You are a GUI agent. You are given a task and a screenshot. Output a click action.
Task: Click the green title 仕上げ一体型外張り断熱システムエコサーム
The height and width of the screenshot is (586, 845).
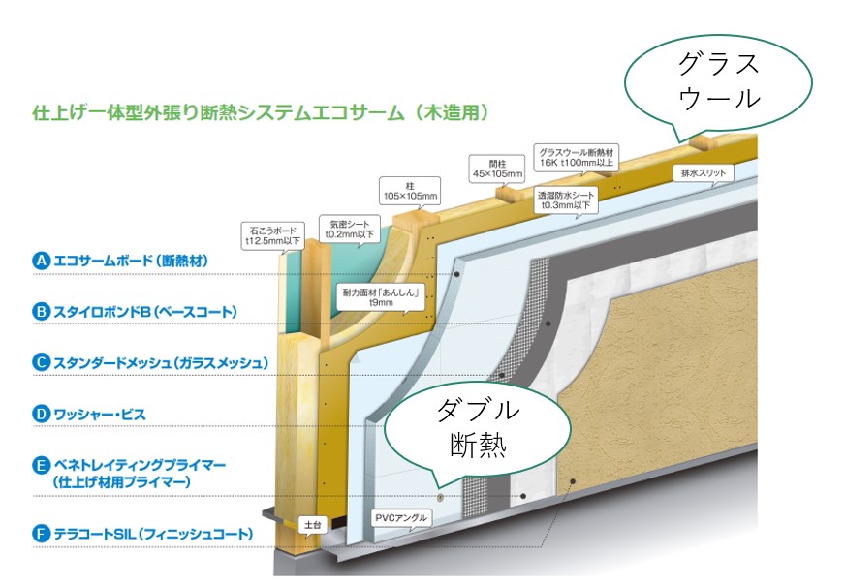point(252,112)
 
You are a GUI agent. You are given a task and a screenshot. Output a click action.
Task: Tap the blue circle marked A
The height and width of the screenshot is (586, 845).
point(41,261)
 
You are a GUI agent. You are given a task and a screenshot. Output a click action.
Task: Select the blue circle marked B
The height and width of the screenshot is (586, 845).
point(41,312)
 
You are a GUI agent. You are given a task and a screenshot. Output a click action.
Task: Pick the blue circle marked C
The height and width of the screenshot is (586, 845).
point(41,363)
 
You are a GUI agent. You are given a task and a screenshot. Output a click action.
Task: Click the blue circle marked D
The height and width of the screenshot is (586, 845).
point(41,415)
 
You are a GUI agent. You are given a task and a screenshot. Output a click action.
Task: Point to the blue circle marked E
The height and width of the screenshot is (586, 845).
point(41,465)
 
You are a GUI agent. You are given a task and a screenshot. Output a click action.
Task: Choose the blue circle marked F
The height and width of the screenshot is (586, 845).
point(41,534)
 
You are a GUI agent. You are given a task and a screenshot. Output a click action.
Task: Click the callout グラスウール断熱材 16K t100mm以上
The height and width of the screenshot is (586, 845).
point(579,158)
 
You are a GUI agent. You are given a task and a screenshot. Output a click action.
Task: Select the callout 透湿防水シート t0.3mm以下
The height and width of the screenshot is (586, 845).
point(566,200)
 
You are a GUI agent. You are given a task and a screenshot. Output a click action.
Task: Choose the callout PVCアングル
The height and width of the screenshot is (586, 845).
point(401,518)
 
